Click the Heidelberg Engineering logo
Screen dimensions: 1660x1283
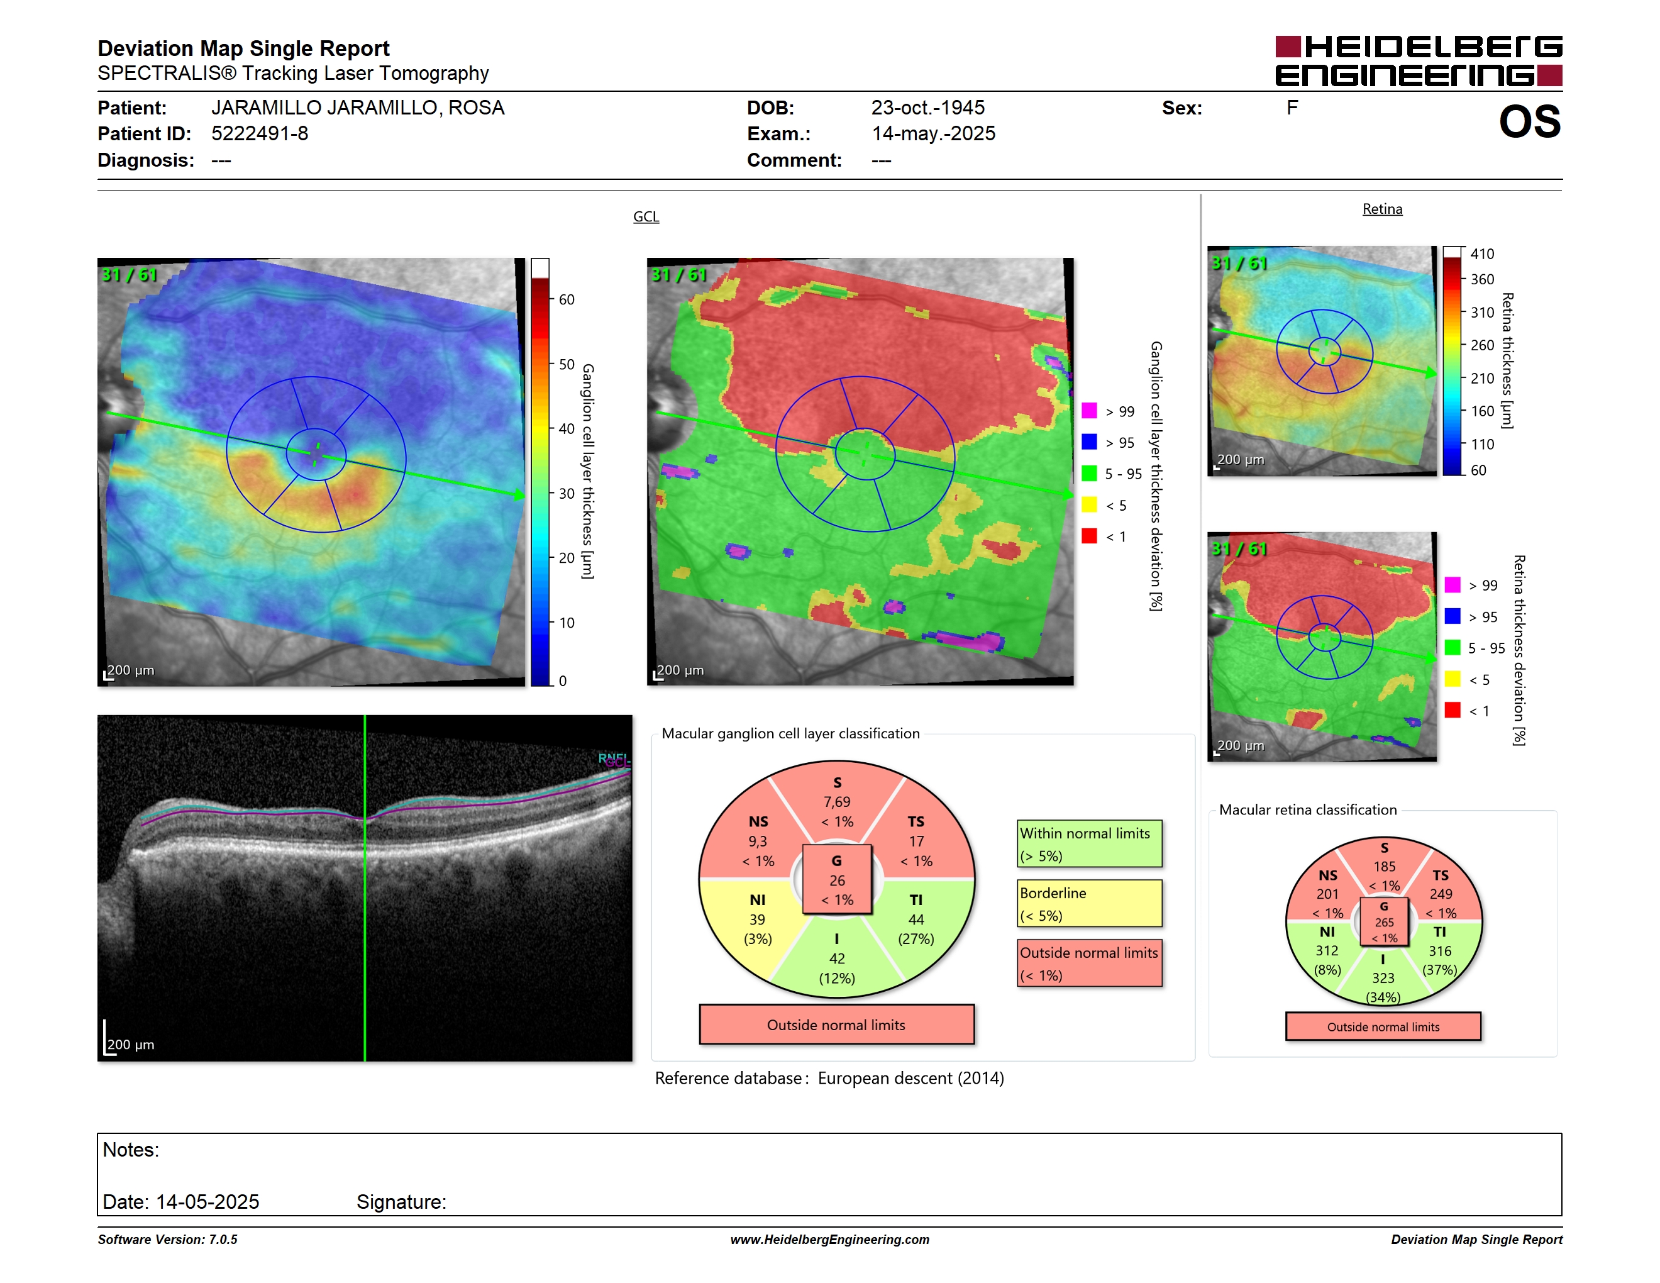pyautogui.click(x=1419, y=61)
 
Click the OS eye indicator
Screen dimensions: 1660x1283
pyautogui.click(x=1529, y=121)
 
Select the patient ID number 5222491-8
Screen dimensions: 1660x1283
pyautogui.click(x=260, y=134)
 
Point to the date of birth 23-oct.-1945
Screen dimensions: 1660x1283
pyautogui.click(x=927, y=108)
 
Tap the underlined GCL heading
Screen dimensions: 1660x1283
pyautogui.click(x=646, y=216)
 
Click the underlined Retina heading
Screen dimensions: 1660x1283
pyautogui.click(x=1382, y=209)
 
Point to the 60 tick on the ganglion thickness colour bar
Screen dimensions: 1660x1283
pyautogui.click(x=567, y=299)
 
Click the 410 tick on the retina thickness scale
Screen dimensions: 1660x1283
pyautogui.click(x=1481, y=254)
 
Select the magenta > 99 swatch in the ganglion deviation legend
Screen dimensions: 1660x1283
pyautogui.click(x=1089, y=411)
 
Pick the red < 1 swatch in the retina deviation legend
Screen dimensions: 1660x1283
pyautogui.click(x=1452, y=710)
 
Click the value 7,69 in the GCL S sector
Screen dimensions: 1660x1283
pyautogui.click(x=837, y=802)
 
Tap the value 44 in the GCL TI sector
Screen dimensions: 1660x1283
pyautogui.click(x=916, y=919)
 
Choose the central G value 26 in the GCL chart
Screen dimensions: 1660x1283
pyautogui.click(x=837, y=880)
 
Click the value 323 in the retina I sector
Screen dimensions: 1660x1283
pyautogui.click(x=1383, y=978)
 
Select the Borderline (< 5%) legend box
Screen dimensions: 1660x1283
pyautogui.click(x=1089, y=903)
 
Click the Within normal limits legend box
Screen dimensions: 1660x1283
pyautogui.click(x=1089, y=843)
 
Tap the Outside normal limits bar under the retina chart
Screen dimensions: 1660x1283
pyautogui.click(x=1383, y=1026)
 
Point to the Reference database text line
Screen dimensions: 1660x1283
pyautogui.click(x=829, y=1079)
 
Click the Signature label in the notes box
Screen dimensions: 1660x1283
pyautogui.click(x=401, y=1202)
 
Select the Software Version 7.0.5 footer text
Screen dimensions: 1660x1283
pyautogui.click(x=167, y=1240)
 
